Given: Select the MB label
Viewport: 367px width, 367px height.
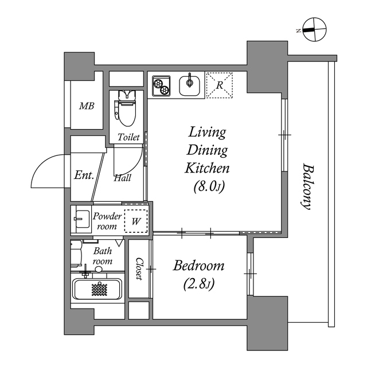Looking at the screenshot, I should click(87, 106).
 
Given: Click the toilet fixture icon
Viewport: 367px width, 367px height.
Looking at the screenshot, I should click(125, 107).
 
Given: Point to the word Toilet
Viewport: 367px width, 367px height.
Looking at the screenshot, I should click(128, 138).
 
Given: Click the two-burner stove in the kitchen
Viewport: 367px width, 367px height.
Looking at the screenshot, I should click(162, 86).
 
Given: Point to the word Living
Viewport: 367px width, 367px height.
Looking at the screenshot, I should click(207, 132).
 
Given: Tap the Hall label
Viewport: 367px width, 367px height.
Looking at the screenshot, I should click(122, 178).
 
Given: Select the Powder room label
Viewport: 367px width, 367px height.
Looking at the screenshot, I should click(108, 221).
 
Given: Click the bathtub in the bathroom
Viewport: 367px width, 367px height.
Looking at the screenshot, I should click(97, 290).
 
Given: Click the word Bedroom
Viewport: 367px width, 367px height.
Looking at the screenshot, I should click(199, 266).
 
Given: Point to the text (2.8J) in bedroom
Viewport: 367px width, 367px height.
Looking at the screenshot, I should click(199, 284).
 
